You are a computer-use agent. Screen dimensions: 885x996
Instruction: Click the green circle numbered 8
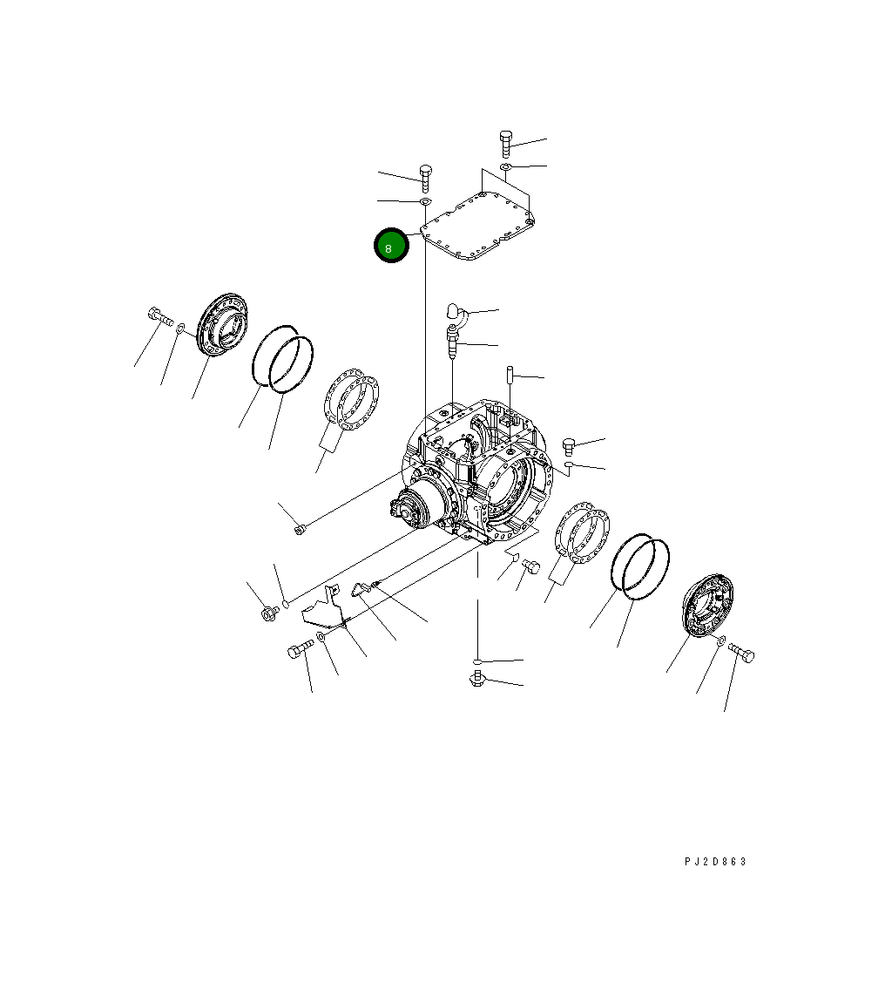[391, 245]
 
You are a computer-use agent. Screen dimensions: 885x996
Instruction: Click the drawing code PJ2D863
[715, 862]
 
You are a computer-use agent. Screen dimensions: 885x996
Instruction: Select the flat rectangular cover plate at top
[477, 227]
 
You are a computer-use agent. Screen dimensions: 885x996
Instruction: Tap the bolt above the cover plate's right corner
[506, 144]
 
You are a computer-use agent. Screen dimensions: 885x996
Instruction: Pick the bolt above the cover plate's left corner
[426, 179]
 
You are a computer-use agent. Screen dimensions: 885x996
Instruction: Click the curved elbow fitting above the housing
[456, 314]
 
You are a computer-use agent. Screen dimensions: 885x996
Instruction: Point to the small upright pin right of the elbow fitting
[510, 375]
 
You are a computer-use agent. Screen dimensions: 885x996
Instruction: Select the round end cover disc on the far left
[221, 324]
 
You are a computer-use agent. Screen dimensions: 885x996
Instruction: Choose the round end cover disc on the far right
[708, 606]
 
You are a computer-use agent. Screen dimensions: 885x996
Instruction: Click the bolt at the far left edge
[160, 315]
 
